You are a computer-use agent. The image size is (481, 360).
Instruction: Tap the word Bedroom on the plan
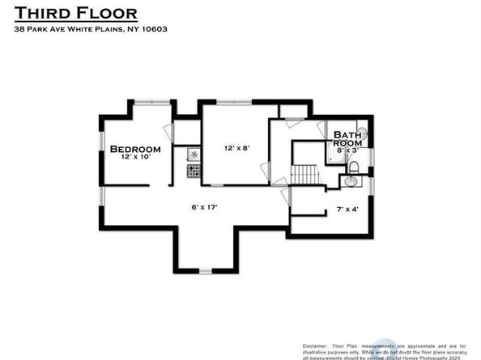pyautogui.click(x=135, y=149)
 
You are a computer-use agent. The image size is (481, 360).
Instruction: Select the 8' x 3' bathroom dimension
pyautogui.click(x=347, y=150)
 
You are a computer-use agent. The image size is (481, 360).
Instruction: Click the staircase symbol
pyautogui.click(x=304, y=174)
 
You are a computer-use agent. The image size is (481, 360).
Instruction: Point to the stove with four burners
pyautogui.click(x=194, y=171)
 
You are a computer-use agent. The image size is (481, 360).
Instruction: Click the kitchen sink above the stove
pyautogui.click(x=194, y=154)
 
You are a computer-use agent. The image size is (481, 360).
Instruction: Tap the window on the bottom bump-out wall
pyautogui.click(x=205, y=270)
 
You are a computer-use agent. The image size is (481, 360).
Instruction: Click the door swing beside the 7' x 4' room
pyautogui.click(x=284, y=195)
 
